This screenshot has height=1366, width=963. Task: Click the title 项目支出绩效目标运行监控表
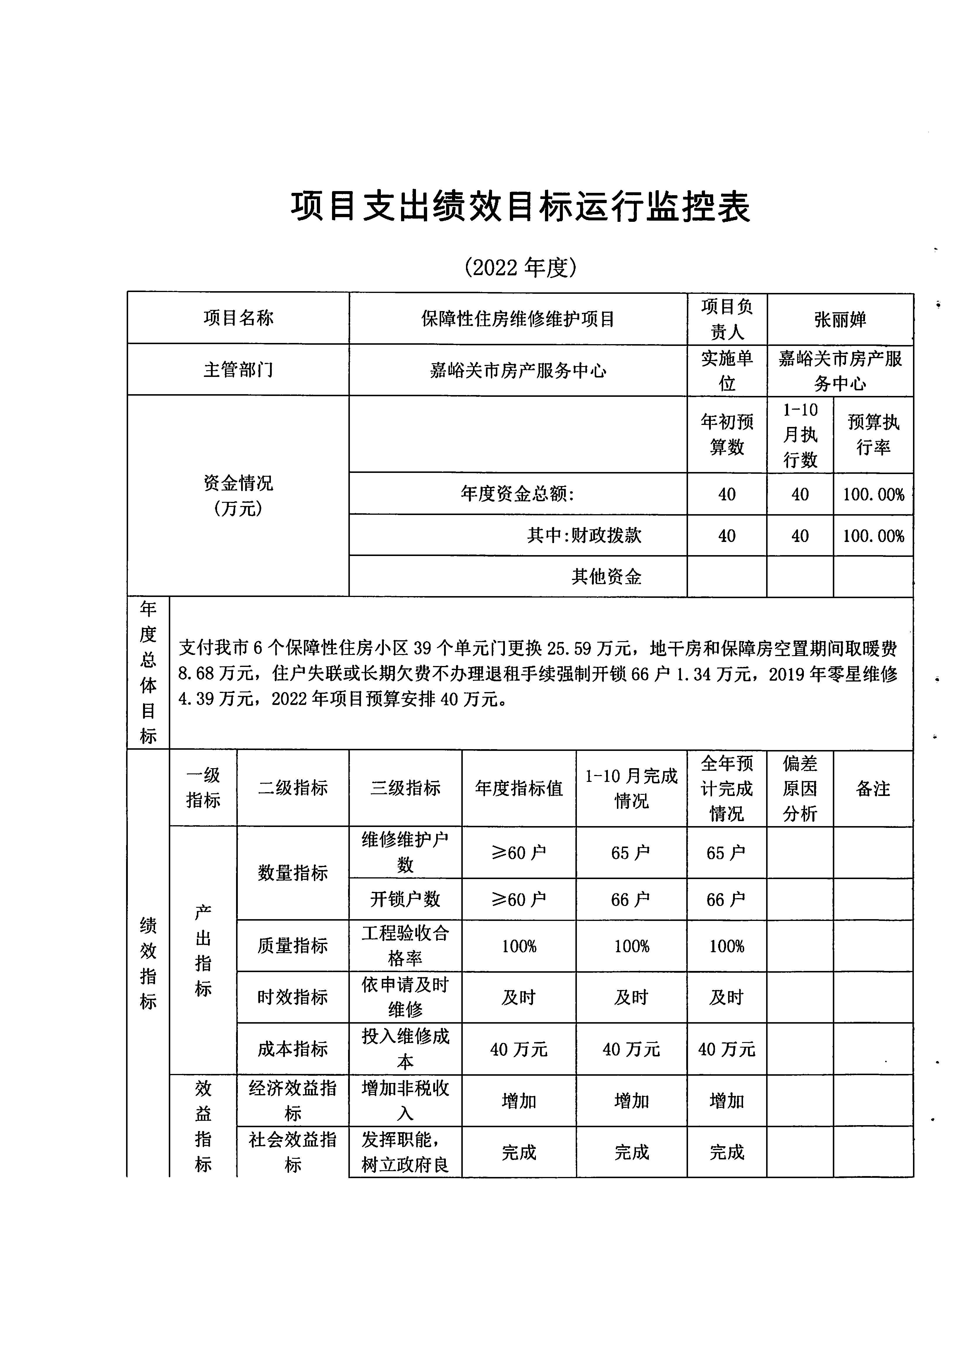click(520, 207)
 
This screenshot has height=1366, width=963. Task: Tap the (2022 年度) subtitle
click(520, 268)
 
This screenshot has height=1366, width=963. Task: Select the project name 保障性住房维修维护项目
click(517, 319)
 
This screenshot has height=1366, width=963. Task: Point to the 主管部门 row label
click(238, 370)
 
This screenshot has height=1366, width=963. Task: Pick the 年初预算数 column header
click(727, 434)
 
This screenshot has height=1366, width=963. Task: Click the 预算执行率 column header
click(873, 434)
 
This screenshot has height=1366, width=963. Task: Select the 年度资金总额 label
click(517, 494)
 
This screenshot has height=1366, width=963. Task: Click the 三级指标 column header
click(405, 788)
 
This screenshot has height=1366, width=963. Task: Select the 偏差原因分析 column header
click(800, 788)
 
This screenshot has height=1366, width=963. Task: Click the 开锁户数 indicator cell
click(405, 899)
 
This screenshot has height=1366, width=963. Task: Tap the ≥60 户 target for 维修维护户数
click(519, 852)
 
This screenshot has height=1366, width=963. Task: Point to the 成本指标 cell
click(293, 1049)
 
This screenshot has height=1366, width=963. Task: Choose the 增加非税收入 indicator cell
click(405, 1101)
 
